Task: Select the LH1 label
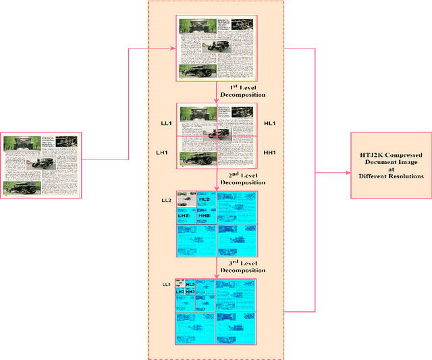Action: pos(162,153)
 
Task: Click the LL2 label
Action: pos(166,201)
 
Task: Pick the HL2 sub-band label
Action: pos(205,200)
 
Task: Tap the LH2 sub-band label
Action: pos(184,215)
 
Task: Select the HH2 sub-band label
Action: pos(205,216)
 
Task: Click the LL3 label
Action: pos(166,284)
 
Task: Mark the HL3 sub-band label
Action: pos(190,284)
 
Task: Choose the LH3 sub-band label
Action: pos(180,292)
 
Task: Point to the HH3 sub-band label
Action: pos(190,292)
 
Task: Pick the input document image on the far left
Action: pos(42,165)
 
